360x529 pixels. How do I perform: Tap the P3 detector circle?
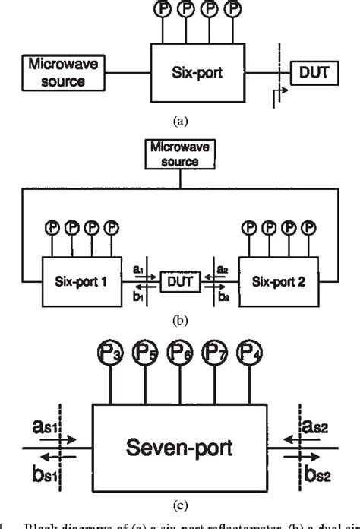coord(111,353)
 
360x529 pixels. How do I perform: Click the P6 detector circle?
coord(180,353)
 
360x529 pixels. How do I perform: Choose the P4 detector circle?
coord(250,353)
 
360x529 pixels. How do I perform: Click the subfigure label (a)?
coord(180,120)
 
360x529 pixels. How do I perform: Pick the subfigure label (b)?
coord(179,319)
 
